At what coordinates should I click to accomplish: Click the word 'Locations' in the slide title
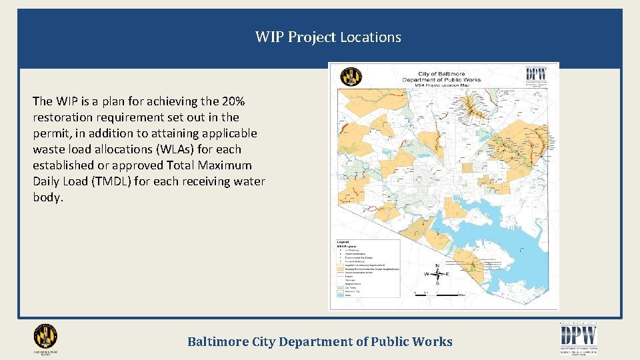tap(371, 37)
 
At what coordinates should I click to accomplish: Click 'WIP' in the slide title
tap(269, 37)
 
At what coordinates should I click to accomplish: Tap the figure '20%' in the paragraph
tap(233, 101)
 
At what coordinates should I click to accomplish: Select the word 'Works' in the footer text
tap(433, 342)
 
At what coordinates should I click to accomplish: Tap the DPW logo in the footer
tap(578, 337)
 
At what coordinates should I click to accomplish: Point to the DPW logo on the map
tap(537, 74)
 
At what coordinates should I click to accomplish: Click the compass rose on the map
tap(437, 274)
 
